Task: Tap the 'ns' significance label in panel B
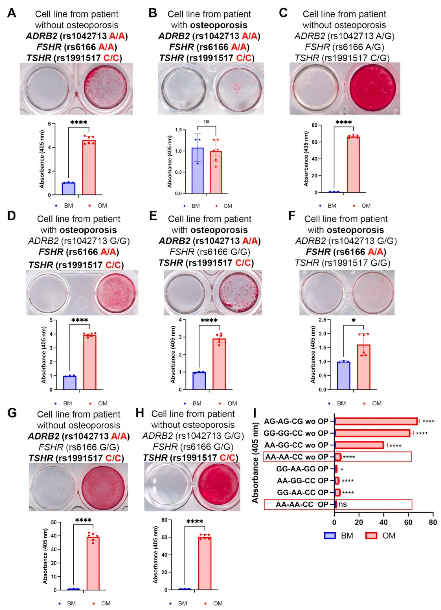point(206,121)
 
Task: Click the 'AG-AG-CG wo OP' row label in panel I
point(296,421)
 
